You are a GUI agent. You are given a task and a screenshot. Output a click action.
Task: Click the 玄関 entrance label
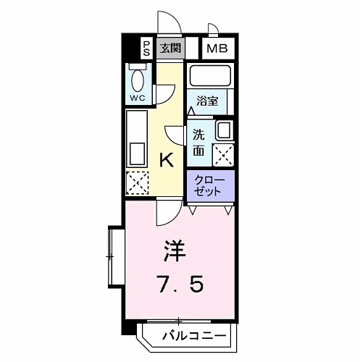pyautogui.click(x=169, y=49)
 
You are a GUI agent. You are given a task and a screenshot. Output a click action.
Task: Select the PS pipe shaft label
pyautogui.click(x=146, y=49)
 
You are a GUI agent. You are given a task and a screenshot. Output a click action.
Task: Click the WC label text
pyautogui.click(x=138, y=97)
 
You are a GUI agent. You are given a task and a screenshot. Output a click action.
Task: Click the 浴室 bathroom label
pyautogui.click(x=207, y=101)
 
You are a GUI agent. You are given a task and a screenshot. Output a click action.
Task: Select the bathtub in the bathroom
pyautogui.click(x=210, y=76)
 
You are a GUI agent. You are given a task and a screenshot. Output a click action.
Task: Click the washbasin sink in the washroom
pyautogui.click(x=224, y=131)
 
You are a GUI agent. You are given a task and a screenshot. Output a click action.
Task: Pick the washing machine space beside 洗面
pyautogui.click(x=223, y=154)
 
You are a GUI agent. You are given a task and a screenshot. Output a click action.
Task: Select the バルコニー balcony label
pyautogui.click(x=193, y=336)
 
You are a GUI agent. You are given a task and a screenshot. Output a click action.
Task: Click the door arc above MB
pyautogui.click(x=214, y=30)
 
